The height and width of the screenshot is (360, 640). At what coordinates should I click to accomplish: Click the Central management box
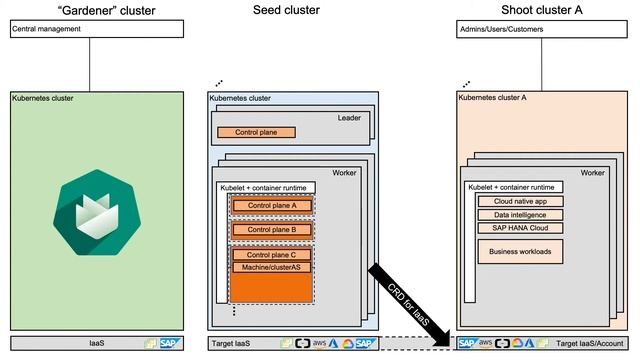pyautogui.click(x=97, y=30)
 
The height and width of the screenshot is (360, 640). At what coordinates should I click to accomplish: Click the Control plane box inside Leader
pyautogui.click(x=257, y=132)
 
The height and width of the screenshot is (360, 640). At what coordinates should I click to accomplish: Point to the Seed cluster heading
pyautogui.click(x=285, y=9)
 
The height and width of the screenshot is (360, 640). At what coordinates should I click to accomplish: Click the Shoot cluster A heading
pyautogui.click(x=543, y=9)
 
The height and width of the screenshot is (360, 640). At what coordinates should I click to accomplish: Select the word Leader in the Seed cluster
pyautogui.click(x=348, y=118)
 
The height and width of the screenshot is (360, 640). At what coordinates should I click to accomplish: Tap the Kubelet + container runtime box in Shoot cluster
pyautogui.click(x=513, y=187)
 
